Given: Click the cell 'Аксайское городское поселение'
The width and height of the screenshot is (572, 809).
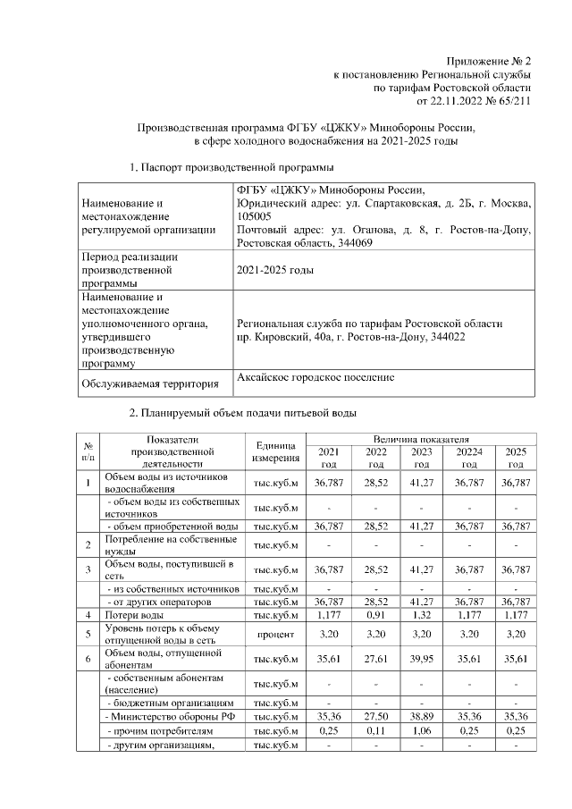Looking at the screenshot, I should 315,378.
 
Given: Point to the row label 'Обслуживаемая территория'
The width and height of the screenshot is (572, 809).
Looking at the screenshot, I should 150,384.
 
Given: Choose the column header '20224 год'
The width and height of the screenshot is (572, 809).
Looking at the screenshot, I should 468,458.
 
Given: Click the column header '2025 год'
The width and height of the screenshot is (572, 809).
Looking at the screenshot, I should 516,458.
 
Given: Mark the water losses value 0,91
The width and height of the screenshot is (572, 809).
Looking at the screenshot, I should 376,616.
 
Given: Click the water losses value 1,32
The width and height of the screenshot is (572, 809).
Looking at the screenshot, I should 422,616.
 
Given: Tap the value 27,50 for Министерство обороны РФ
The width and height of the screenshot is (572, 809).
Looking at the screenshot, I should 376,716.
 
